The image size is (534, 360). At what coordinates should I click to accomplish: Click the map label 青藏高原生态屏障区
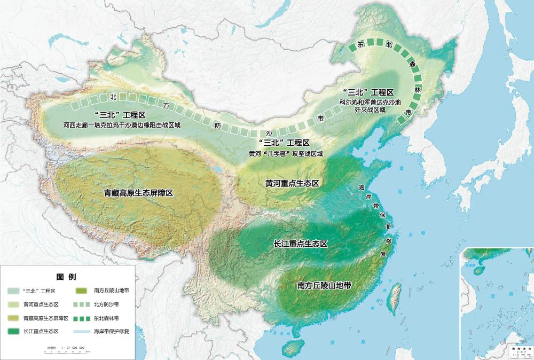pyautogui.click(x=138, y=192)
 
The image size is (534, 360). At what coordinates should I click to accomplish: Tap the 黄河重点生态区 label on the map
pyautogui.click(x=292, y=183)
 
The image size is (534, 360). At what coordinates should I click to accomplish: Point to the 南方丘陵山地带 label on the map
pyautogui.click(x=324, y=285)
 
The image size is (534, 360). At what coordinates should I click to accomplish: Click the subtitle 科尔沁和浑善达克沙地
pyautogui.click(x=368, y=101)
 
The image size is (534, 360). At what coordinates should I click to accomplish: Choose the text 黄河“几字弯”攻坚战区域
pyautogui.click(x=286, y=153)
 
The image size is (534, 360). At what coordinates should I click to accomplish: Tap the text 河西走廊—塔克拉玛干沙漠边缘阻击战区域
pyautogui.click(x=122, y=126)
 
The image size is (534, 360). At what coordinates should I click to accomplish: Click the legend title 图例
pyautogui.click(x=66, y=277)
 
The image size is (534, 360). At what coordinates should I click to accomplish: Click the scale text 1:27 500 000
pyautogui.click(x=67, y=347)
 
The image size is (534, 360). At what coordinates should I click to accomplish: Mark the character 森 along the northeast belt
pyautogui.click(x=412, y=64)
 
